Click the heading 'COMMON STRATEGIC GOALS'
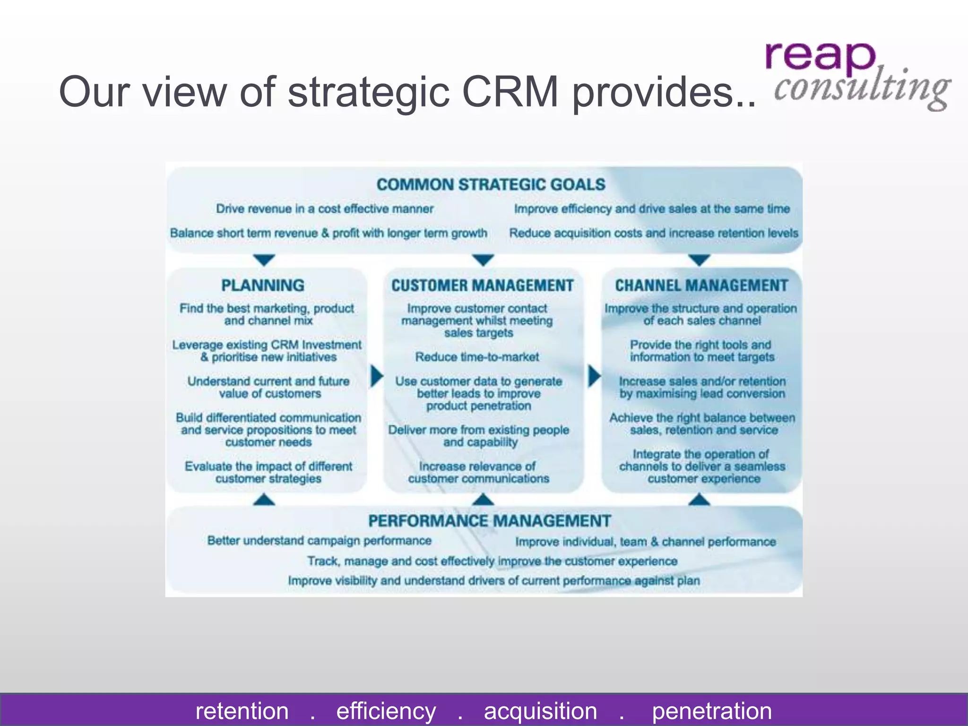[491, 184]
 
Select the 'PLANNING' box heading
[263, 285]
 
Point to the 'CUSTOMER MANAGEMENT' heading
[482, 285]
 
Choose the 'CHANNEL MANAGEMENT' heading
[701, 285]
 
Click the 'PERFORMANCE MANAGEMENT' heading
[490, 521]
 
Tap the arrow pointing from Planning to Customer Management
[376, 376]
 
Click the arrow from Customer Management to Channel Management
[594, 376]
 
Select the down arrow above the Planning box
[264, 259]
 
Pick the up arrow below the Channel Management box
[700, 500]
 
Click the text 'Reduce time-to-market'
[477, 357]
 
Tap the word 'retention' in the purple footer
[242, 711]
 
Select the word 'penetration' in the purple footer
[712, 711]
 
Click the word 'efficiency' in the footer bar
[386, 711]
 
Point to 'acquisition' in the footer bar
[540, 711]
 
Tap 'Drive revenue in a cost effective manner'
[325, 208]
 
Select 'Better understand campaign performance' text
[319, 541]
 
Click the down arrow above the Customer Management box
[483, 259]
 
